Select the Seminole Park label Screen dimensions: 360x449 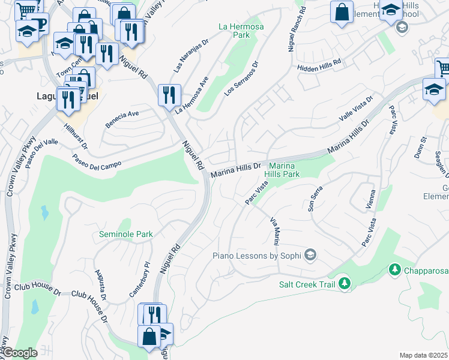click(126, 234)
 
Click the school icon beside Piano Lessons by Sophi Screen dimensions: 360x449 click(310, 256)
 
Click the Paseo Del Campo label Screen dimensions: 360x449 click(97, 161)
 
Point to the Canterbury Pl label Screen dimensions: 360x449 click(139, 279)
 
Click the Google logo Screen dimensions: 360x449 click(20, 353)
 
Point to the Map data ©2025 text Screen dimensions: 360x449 click(423, 355)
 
